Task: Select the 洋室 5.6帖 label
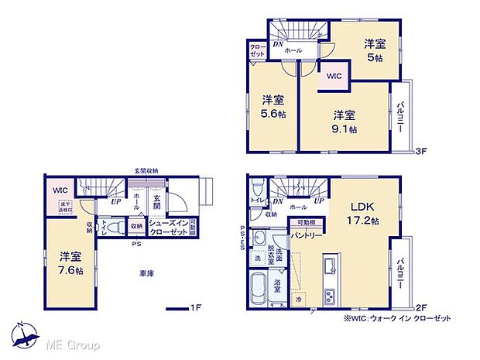[x=273, y=106]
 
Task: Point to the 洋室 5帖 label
[x=375, y=50]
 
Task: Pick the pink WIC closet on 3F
[x=334, y=77]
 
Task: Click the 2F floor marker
[x=422, y=307]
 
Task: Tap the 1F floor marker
[x=197, y=308]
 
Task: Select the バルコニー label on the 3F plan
[x=400, y=118]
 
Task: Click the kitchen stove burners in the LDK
[x=329, y=297]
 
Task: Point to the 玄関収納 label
[x=146, y=170]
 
